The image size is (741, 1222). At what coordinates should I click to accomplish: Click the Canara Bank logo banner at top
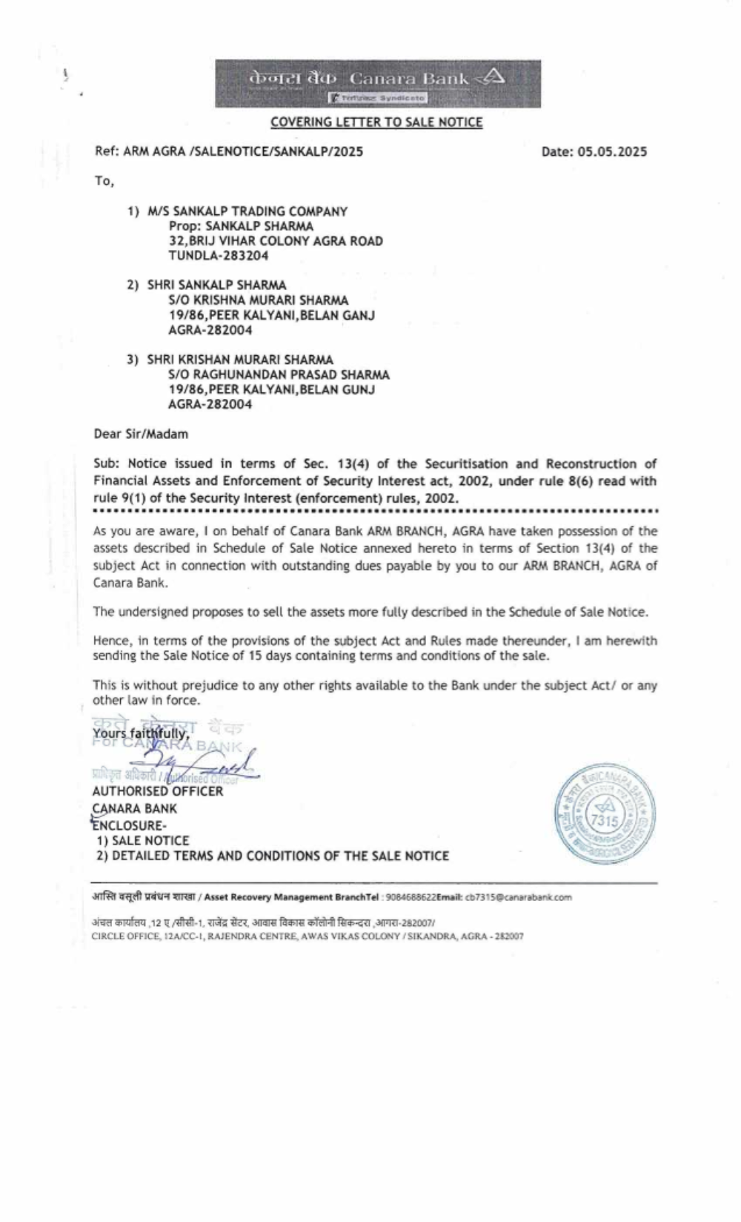pos(377,83)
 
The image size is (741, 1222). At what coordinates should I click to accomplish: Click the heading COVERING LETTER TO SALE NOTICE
pos(376,122)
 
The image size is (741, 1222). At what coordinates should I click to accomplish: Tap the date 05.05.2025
pos(612,152)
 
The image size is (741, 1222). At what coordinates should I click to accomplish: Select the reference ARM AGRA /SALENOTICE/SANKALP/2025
pos(243,152)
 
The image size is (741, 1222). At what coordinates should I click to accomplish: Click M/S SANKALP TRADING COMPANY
pos(247,211)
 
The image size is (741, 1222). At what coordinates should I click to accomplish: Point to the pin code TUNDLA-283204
pos(219,256)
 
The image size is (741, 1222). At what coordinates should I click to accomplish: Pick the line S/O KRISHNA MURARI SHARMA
pos(259,300)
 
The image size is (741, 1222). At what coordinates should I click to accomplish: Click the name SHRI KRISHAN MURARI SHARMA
pos(240,360)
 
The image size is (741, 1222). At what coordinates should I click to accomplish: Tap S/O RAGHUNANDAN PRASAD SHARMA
pos(279,374)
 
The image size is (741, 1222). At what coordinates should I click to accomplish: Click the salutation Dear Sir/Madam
pos(141,434)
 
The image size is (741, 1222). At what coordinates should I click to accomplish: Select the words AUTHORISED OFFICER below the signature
pos(158,791)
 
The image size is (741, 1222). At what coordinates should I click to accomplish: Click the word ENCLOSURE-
pos(130,825)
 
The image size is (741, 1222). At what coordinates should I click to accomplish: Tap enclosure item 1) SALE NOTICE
pos(143,840)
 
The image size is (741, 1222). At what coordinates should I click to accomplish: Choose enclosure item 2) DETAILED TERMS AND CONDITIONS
pos(273,856)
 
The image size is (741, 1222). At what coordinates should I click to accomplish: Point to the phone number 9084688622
pos(411,897)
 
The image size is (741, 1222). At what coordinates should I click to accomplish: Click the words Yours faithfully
pos(141,734)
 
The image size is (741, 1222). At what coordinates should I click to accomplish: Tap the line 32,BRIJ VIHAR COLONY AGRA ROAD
pos(276,241)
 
